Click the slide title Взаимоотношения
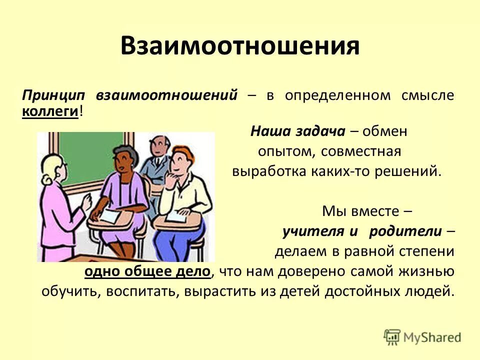point(240,46)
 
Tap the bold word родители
point(405,231)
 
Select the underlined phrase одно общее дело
point(148,271)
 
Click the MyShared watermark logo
point(422,337)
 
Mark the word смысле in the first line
point(427,95)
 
